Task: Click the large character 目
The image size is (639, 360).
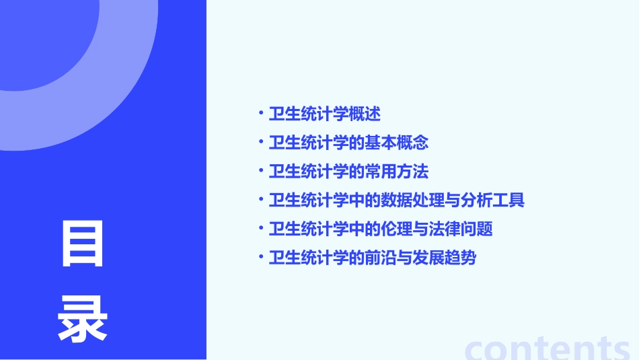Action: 83,245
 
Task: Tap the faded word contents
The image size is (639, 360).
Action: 548,348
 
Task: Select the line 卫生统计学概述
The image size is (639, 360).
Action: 325,114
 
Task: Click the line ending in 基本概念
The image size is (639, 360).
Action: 348,143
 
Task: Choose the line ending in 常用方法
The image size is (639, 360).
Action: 348,172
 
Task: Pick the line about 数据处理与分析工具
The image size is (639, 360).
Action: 396,200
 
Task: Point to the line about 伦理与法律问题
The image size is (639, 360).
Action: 381,229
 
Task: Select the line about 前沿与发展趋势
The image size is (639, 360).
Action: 373,258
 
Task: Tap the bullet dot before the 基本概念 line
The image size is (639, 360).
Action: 260,142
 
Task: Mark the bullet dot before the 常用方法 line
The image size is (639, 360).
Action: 260,171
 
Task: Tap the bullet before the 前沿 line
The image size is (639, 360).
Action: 260,257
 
